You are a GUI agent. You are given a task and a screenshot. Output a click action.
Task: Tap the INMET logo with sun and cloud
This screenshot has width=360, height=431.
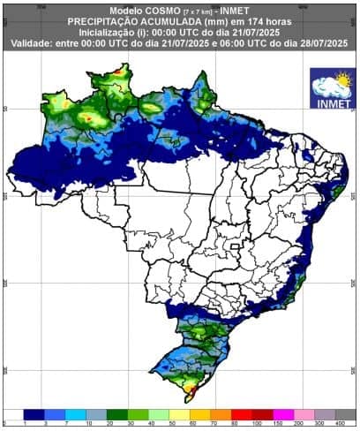333,87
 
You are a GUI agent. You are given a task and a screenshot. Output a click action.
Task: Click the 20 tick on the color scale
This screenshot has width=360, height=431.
109,423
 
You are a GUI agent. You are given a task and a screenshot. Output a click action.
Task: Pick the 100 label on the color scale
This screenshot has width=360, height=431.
254,423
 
